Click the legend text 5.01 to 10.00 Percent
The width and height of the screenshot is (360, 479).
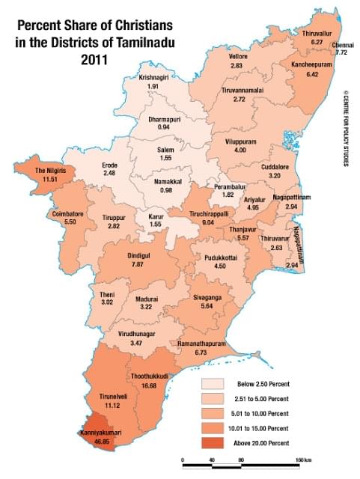pos(266,413)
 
